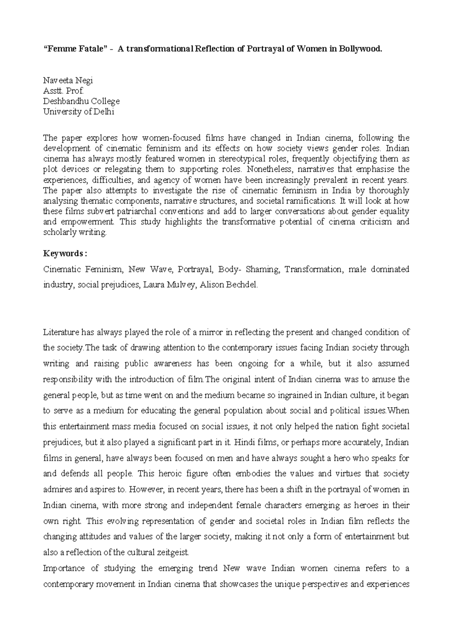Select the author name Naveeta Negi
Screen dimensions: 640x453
[68, 80]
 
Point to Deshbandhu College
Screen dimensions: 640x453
[81, 101]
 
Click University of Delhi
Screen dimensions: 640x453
[79, 112]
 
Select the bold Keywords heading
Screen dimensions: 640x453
[65, 253]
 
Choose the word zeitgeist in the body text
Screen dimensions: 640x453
[172, 553]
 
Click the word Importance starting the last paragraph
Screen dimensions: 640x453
[62, 568]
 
